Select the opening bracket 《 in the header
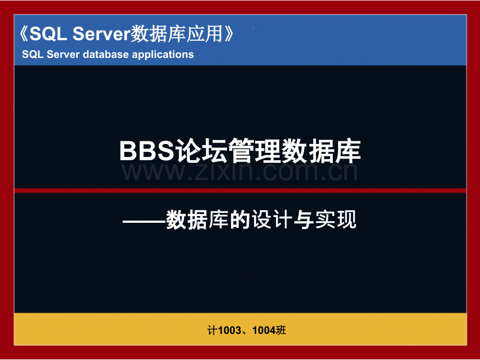pos(23,34)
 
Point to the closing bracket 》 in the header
pos(229,34)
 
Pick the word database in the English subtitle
pos(105,54)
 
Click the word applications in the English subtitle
pos(163,54)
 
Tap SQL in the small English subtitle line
pos(32,54)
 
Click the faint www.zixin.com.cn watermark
pos(239,172)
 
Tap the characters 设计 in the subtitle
pos(272,220)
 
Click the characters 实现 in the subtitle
pos(336,220)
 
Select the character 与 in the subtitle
pos(304,220)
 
